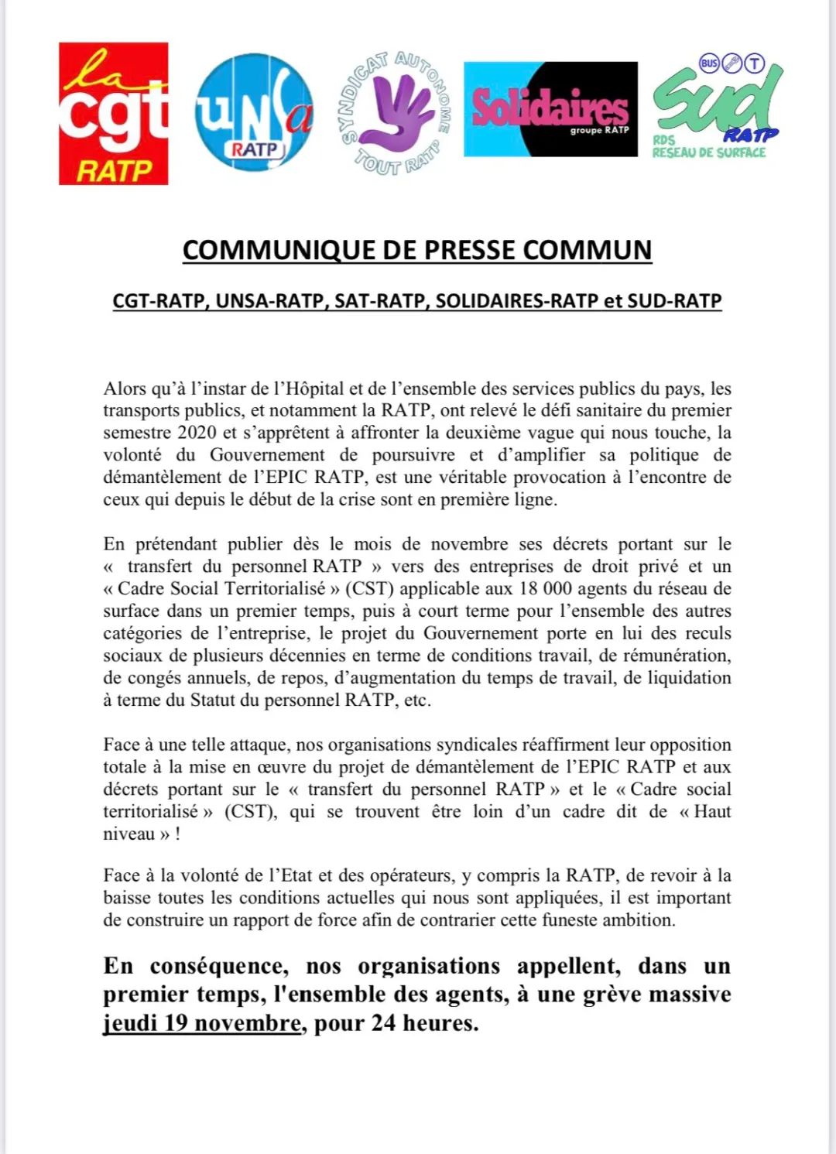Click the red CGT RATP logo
click(114, 114)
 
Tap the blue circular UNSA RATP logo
click(254, 112)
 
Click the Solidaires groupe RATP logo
click(550, 109)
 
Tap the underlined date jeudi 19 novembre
click(202, 1023)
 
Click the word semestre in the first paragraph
click(137, 433)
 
